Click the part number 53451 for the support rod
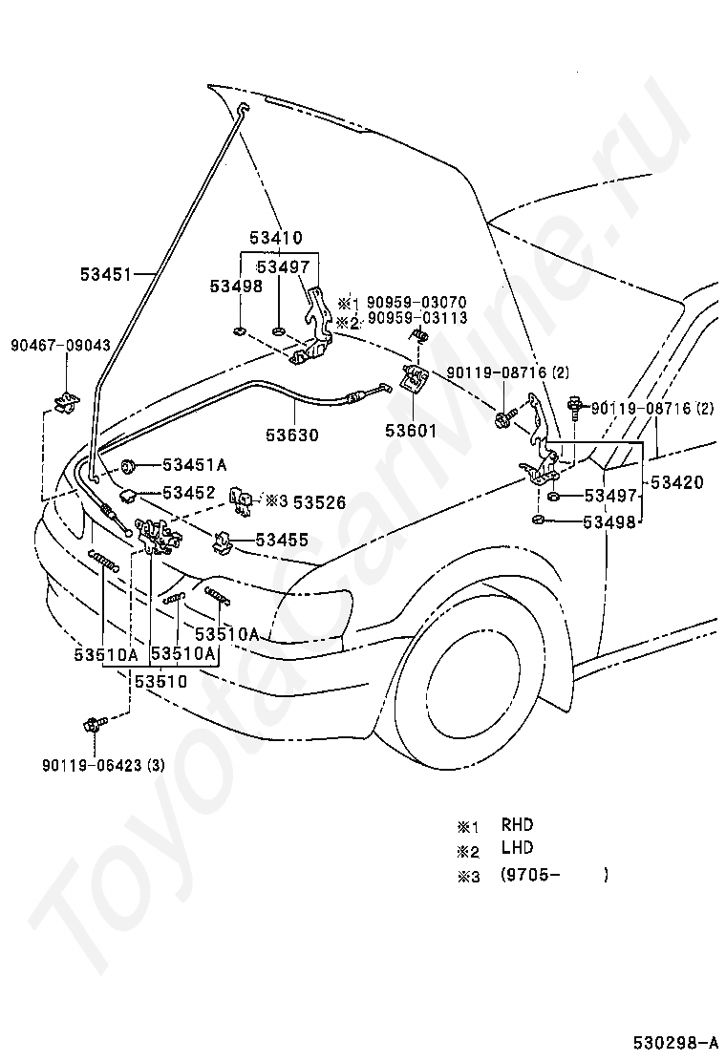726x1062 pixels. [x=106, y=274]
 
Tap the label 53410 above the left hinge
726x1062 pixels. [x=276, y=238]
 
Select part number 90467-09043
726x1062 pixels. [x=60, y=346]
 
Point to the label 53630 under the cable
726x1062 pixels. [x=292, y=435]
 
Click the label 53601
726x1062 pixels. [x=411, y=430]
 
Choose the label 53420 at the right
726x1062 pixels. [x=676, y=482]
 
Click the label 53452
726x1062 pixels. [x=189, y=493]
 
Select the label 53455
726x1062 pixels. [x=282, y=540]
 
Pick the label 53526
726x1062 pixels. [x=319, y=502]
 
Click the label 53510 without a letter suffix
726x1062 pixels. [x=160, y=681]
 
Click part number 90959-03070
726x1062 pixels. [x=416, y=302]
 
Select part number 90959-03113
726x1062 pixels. [x=416, y=318]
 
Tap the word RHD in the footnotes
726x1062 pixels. [x=518, y=825]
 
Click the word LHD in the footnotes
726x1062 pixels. [x=518, y=847]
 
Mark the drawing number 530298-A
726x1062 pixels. [x=676, y=1040]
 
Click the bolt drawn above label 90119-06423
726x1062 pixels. [x=94, y=725]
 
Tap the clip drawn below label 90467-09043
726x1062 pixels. [x=65, y=402]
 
